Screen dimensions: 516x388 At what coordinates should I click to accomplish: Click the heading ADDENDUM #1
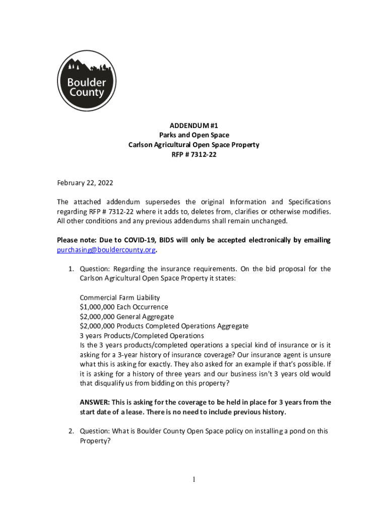(194, 125)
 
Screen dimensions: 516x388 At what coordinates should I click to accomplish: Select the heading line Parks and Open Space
(194, 135)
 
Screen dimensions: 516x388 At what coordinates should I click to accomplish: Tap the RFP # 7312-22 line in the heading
(194, 155)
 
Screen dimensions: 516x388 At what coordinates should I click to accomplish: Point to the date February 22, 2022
(85, 182)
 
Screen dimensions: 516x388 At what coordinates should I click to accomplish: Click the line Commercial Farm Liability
(120, 297)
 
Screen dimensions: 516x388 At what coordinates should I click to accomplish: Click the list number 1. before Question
(72, 269)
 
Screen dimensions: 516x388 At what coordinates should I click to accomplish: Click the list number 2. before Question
(72, 431)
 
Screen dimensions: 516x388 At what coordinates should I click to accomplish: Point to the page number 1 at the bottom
(194, 480)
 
